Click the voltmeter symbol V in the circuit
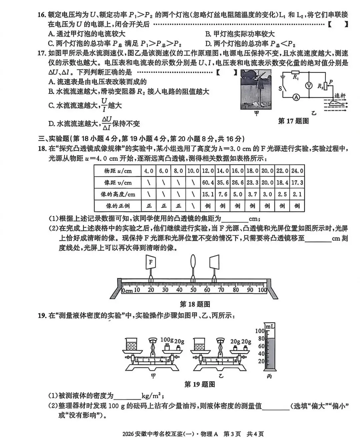[x=309, y=85]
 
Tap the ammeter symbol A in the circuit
[x=295, y=97]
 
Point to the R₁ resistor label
[x=295, y=77]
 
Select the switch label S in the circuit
[x=280, y=89]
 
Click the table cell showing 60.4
[x=208, y=183]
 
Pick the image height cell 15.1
[x=208, y=194]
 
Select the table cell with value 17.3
[x=297, y=183]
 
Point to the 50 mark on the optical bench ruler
[x=193, y=290]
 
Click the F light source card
[x=151, y=262]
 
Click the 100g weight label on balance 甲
[x=167, y=340]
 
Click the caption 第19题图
[x=200, y=384]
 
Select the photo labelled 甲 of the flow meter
[x=256, y=89]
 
